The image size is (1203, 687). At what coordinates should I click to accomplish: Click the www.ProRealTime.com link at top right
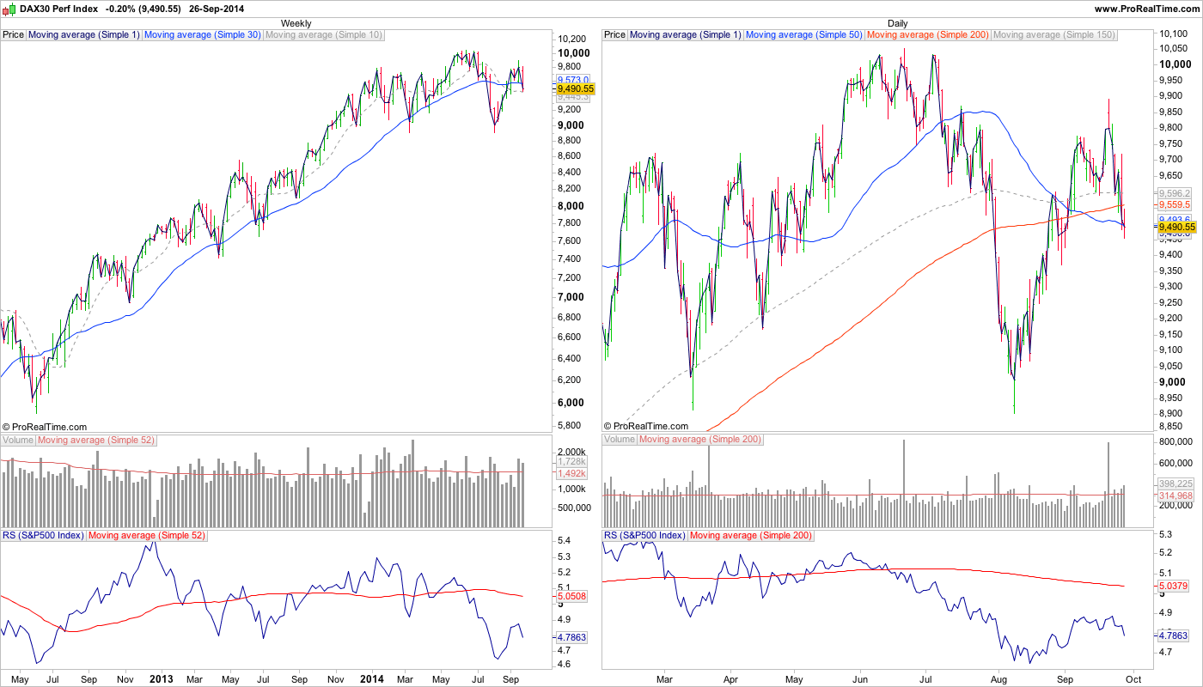click(x=1146, y=9)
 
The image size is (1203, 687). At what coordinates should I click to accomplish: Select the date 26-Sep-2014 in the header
click(x=221, y=9)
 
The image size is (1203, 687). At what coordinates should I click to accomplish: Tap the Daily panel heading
click(x=898, y=23)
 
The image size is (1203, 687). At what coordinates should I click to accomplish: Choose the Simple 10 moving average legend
click(x=324, y=35)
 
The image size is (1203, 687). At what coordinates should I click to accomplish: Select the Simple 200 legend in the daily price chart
click(x=928, y=35)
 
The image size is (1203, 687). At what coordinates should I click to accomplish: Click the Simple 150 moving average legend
click(x=1053, y=35)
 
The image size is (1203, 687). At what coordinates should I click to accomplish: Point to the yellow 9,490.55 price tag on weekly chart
click(x=575, y=88)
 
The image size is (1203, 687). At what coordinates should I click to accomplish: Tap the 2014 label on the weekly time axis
click(x=372, y=678)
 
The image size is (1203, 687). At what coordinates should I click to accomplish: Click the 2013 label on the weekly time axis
click(x=161, y=678)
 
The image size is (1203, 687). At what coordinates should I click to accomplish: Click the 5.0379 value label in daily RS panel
click(x=1174, y=587)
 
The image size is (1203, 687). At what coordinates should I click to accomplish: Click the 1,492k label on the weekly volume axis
click(x=571, y=473)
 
